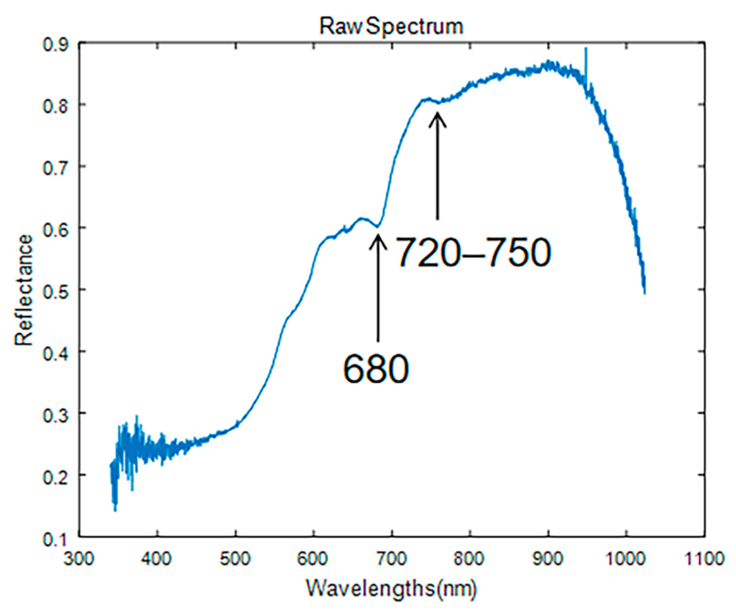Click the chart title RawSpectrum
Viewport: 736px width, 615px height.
coord(391,26)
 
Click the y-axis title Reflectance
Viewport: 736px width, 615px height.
coord(24,290)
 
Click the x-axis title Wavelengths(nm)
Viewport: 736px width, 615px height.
coord(391,589)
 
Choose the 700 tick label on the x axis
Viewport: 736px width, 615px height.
coord(392,558)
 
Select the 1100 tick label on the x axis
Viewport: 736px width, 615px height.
coord(705,558)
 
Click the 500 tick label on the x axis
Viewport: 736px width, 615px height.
coord(236,558)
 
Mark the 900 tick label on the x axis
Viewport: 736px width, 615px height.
coord(548,558)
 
